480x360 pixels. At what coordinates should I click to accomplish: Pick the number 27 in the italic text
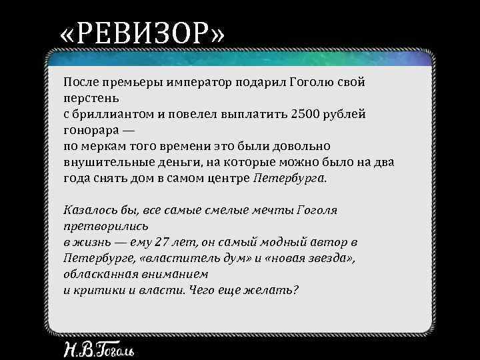pyautogui.click(x=161, y=242)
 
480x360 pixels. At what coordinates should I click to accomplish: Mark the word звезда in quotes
pyautogui.click(x=331, y=258)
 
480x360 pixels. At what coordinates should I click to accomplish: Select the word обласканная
pyautogui.click(x=102, y=274)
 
